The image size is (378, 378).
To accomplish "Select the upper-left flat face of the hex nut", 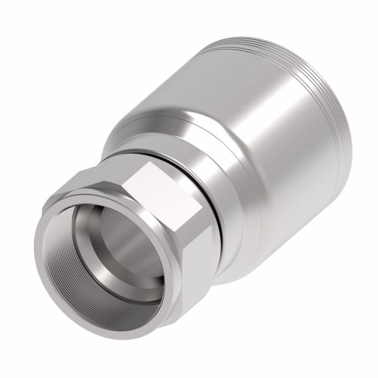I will click(100, 181).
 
